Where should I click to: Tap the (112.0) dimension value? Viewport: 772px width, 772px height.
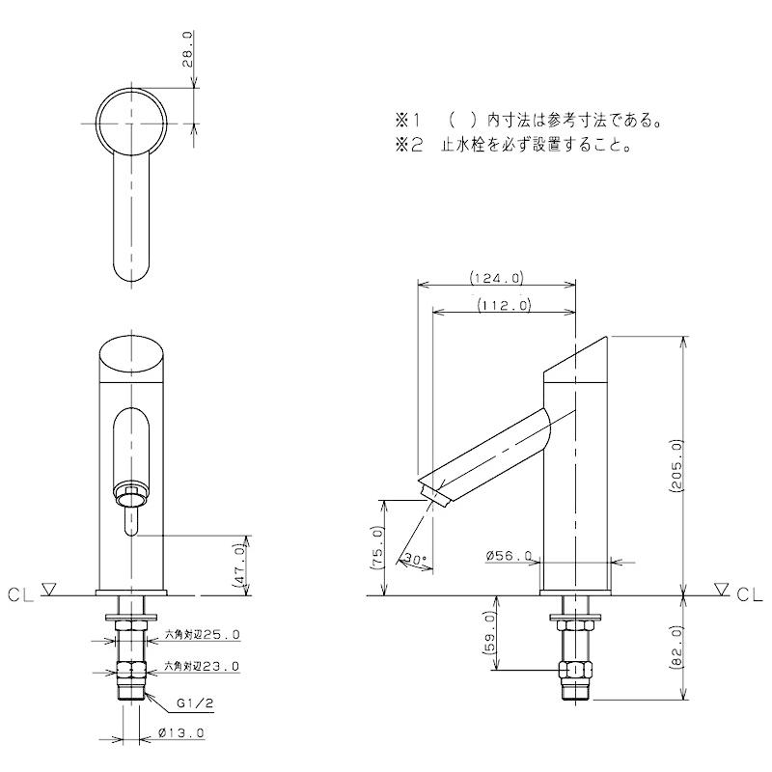[x=504, y=306]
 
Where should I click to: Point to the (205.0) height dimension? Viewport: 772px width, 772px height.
[x=675, y=465]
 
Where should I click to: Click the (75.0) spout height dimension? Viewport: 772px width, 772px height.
[x=376, y=547]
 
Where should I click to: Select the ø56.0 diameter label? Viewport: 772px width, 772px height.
[x=510, y=556]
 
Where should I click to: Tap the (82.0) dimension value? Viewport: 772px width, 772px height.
[x=675, y=647]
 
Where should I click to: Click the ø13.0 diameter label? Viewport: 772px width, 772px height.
[x=180, y=733]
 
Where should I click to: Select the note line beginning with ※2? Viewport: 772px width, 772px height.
[x=512, y=148]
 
